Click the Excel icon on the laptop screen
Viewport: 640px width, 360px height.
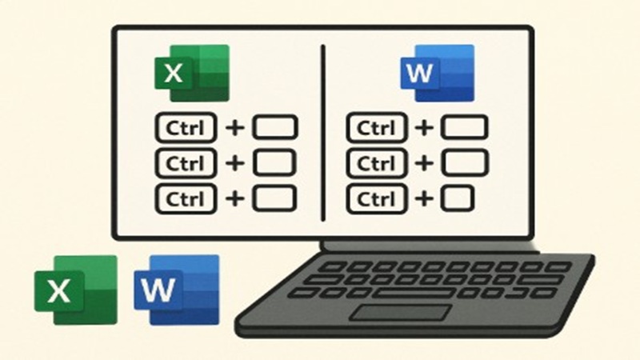(192, 73)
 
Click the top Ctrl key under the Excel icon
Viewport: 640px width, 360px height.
(186, 127)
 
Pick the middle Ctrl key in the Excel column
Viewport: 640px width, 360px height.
(186, 162)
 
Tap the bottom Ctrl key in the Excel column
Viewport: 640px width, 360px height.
(186, 197)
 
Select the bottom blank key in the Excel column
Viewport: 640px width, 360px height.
(275, 197)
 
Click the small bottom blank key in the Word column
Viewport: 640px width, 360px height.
(458, 197)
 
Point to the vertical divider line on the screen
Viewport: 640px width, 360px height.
(322, 132)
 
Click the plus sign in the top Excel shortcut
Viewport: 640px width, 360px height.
(235, 127)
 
